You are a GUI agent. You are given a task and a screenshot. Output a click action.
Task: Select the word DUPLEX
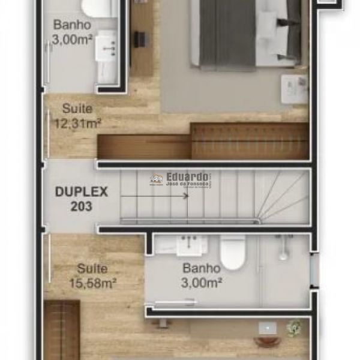[81, 192]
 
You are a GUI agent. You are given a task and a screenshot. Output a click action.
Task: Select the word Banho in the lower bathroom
[202, 268]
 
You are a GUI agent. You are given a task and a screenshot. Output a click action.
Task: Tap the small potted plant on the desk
[293, 329]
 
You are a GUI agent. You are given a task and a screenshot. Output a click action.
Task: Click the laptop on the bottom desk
[268, 328]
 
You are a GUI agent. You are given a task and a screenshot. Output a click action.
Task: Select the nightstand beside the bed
[293, 89]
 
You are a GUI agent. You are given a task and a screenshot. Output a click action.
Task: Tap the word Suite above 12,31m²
[77, 109]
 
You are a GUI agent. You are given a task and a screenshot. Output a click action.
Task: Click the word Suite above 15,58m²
[92, 269]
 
